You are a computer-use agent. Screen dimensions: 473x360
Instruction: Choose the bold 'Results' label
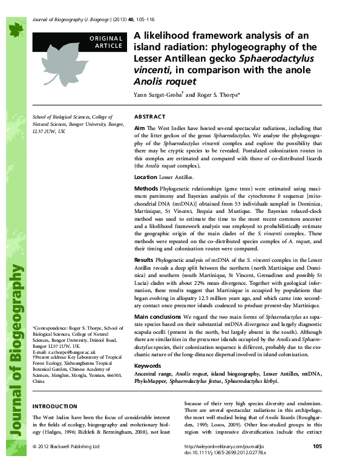point(145,258)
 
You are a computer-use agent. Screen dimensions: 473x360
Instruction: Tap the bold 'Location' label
point(146,177)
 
